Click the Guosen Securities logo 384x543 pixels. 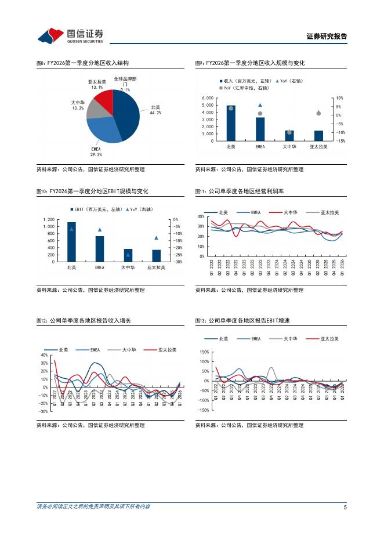[70, 36]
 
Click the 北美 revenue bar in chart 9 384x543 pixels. [231, 122]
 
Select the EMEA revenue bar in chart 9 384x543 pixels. [260, 129]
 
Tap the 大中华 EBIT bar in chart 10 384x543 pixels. [128, 255]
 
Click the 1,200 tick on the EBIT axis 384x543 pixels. [49, 220]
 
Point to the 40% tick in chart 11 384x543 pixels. [201, 216]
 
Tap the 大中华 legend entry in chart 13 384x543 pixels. [291, 338]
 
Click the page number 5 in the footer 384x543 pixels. [345, 507]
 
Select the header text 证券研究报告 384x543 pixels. [327, 37]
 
